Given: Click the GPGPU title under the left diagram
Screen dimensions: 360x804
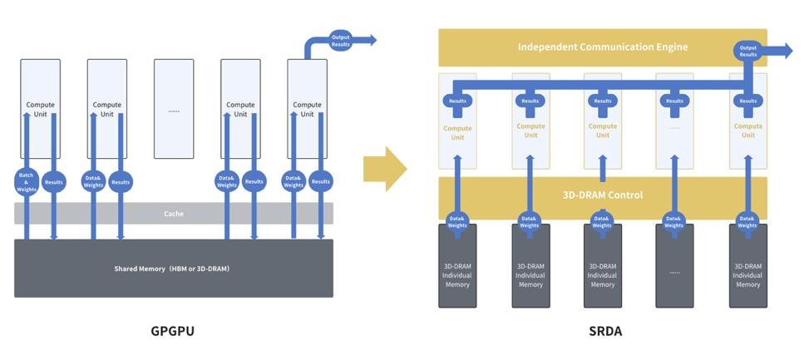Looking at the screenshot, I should point(173,331).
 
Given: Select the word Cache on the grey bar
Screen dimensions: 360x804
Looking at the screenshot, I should point(174,214).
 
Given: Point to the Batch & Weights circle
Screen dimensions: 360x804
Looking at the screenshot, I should point(27,181).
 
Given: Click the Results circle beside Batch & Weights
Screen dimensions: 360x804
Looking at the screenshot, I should point(54,181).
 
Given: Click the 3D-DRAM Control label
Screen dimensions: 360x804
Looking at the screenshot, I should point(603,195).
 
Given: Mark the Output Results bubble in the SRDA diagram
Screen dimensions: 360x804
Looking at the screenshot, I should point(748,52).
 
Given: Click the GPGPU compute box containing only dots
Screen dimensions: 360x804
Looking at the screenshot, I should point(174,109).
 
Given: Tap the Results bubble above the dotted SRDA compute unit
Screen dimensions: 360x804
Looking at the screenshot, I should point(674,101).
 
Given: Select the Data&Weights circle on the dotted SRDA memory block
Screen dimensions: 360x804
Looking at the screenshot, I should point(674,222).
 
